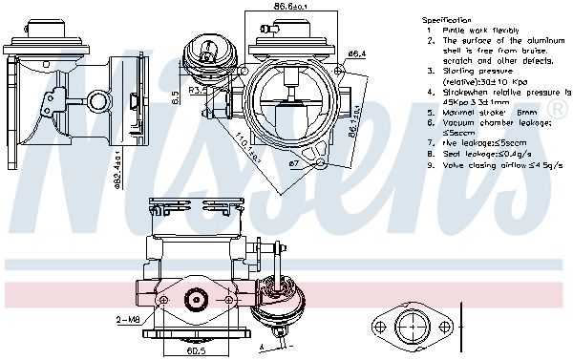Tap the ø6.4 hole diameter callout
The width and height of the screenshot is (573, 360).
[357, 54]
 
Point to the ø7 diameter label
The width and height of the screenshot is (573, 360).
[295, 163]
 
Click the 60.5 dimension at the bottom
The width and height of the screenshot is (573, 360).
[195, 350]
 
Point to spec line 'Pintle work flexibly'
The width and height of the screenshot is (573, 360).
[475, 31]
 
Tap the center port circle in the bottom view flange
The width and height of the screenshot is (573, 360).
[195, 302]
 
